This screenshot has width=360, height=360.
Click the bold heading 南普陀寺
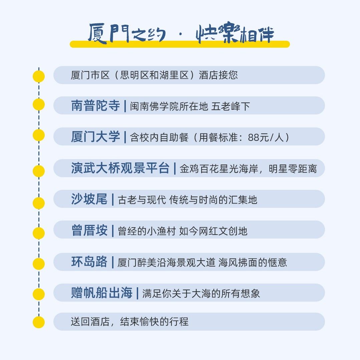coord(95,106)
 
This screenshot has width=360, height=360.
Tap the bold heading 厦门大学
coord(95,137)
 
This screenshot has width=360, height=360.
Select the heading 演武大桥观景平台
coord(120,168)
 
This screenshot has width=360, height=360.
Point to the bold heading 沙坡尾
coord(89,199)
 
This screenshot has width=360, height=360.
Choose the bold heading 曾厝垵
coord(89,230)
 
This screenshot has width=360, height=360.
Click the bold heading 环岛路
coord(89,262)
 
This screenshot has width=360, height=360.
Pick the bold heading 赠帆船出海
coord(102,293)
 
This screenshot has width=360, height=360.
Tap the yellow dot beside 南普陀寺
coord(39,104)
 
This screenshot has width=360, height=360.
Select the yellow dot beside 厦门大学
coord(39,135)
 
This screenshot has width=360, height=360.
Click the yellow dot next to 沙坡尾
coord(39,203)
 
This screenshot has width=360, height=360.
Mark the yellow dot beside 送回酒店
coord(39,322)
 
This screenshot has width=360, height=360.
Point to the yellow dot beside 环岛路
coord(39,264)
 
